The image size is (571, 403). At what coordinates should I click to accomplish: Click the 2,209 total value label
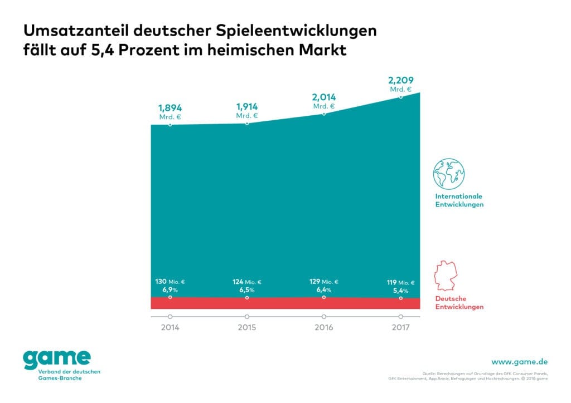(400, 81)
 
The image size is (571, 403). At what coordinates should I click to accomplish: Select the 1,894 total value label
(170, 108)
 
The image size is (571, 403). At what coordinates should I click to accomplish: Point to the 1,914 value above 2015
(246, 106)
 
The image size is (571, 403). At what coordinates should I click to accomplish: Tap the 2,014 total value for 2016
(323, 97)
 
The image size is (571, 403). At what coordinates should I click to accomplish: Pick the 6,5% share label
(246, 291)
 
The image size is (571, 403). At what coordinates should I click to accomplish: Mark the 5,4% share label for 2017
(400, 291)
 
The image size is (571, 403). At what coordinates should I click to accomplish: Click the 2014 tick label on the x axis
(170, 327)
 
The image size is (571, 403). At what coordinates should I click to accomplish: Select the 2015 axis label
(246, 327)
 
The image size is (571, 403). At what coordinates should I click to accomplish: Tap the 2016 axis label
(323, 327)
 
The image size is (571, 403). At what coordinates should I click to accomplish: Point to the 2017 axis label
(400, 327)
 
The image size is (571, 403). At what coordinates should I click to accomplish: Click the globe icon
(449, 174)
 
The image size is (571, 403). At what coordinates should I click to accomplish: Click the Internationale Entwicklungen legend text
(459, 200)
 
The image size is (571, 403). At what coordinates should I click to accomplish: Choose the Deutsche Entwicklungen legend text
(459, 303)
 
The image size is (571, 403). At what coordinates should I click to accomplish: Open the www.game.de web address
(520, 362)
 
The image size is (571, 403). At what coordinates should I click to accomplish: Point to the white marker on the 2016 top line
(323, 114)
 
